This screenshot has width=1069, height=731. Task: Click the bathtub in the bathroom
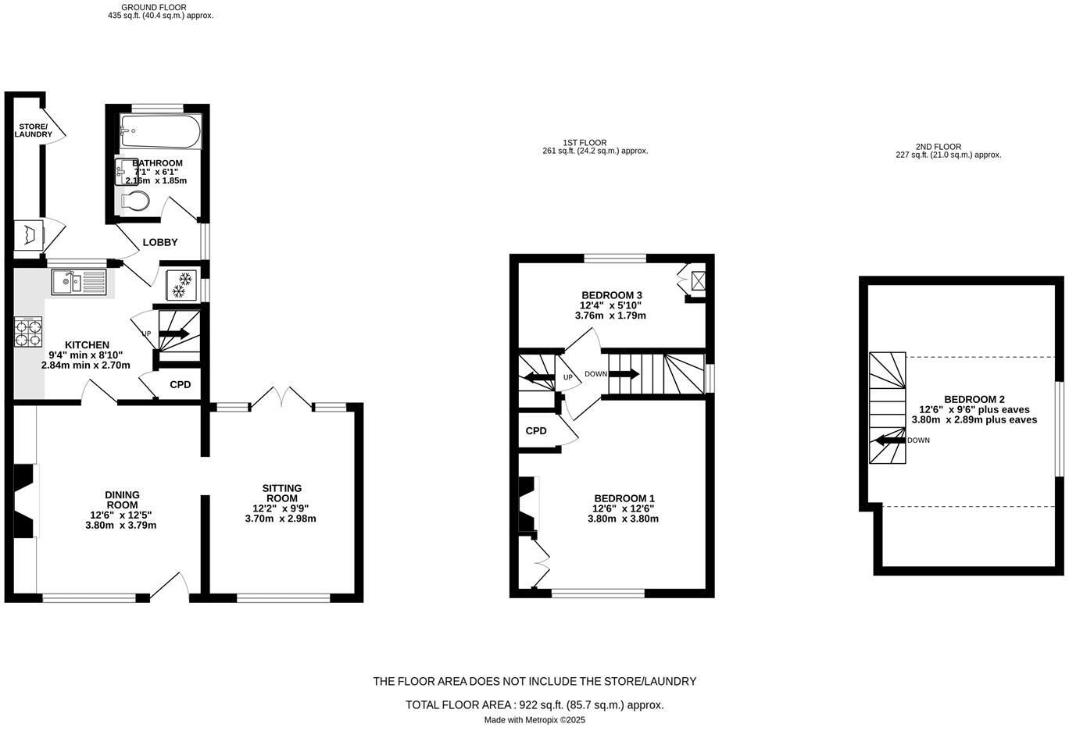tap(161, 132)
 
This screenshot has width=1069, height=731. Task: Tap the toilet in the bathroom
tap(135, 201)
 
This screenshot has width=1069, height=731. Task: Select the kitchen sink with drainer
tap(79, 282)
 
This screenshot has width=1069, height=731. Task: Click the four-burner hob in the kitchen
tap(28, 333)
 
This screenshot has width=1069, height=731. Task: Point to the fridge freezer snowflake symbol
tap(181, 285)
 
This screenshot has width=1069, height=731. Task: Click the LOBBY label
tap(160, 242)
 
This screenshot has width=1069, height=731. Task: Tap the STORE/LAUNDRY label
tap(34, 130)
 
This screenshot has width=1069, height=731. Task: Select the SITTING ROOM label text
tap(282, 493)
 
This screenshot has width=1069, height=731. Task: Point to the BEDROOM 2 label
tap(974, 400)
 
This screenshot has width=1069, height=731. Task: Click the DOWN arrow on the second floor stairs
tap(891, 440)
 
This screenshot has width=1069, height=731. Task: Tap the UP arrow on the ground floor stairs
tap(174, 333)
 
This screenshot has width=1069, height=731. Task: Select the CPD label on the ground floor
tap(181, 384)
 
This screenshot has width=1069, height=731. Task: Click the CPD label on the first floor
tap(536, 431)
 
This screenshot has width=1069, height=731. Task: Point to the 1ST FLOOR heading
tap(585, 143)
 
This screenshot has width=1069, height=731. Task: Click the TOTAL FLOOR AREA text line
tap(534, 704)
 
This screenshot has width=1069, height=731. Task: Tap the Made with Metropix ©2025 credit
tap(534, 720)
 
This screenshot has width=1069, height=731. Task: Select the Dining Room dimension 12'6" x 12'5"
tap(121, 515)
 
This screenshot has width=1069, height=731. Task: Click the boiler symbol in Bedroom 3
tap(698, 280)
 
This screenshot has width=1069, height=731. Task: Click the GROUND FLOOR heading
tap(154, 7)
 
